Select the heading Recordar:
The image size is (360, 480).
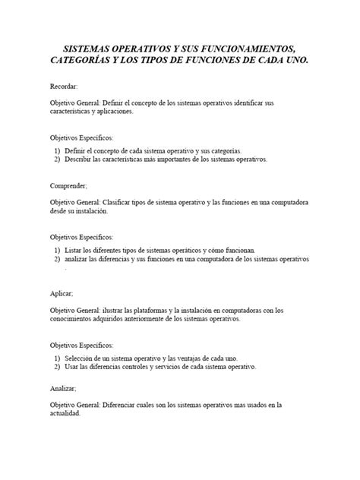click(x=64, y=87)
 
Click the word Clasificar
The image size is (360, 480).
click(x=136, y=203)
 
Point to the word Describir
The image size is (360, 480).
click(x=81, y=159)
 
